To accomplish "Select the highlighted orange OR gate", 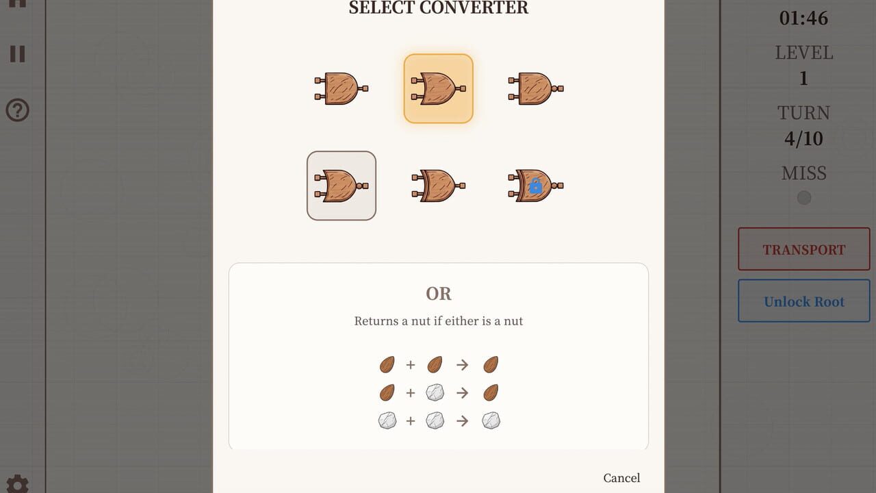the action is tap(439, 88).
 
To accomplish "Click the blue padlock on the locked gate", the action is tap(535, 186).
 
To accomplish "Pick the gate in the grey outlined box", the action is tap(342, 186).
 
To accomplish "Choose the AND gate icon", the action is tap(342, 88).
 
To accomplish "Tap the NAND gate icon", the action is tap(536, 88).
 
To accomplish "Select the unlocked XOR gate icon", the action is tap(439, 186).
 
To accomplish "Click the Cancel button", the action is tap(621, 478).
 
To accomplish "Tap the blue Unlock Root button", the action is tap(804, 301).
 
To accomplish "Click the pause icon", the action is tap(17, 53).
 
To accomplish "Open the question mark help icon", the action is tap(17, 110).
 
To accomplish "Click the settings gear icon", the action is tap(17, 484).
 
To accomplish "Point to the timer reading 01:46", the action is tap(803, 18).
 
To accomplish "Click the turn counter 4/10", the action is tap(803, 138).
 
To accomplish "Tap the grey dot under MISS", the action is tap(804, 198).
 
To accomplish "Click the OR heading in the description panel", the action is tap(439, 294).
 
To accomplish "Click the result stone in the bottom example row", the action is tap(491, 420).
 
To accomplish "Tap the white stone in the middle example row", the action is tap(435, 392).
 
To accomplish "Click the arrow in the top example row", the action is tap(462, 365).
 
